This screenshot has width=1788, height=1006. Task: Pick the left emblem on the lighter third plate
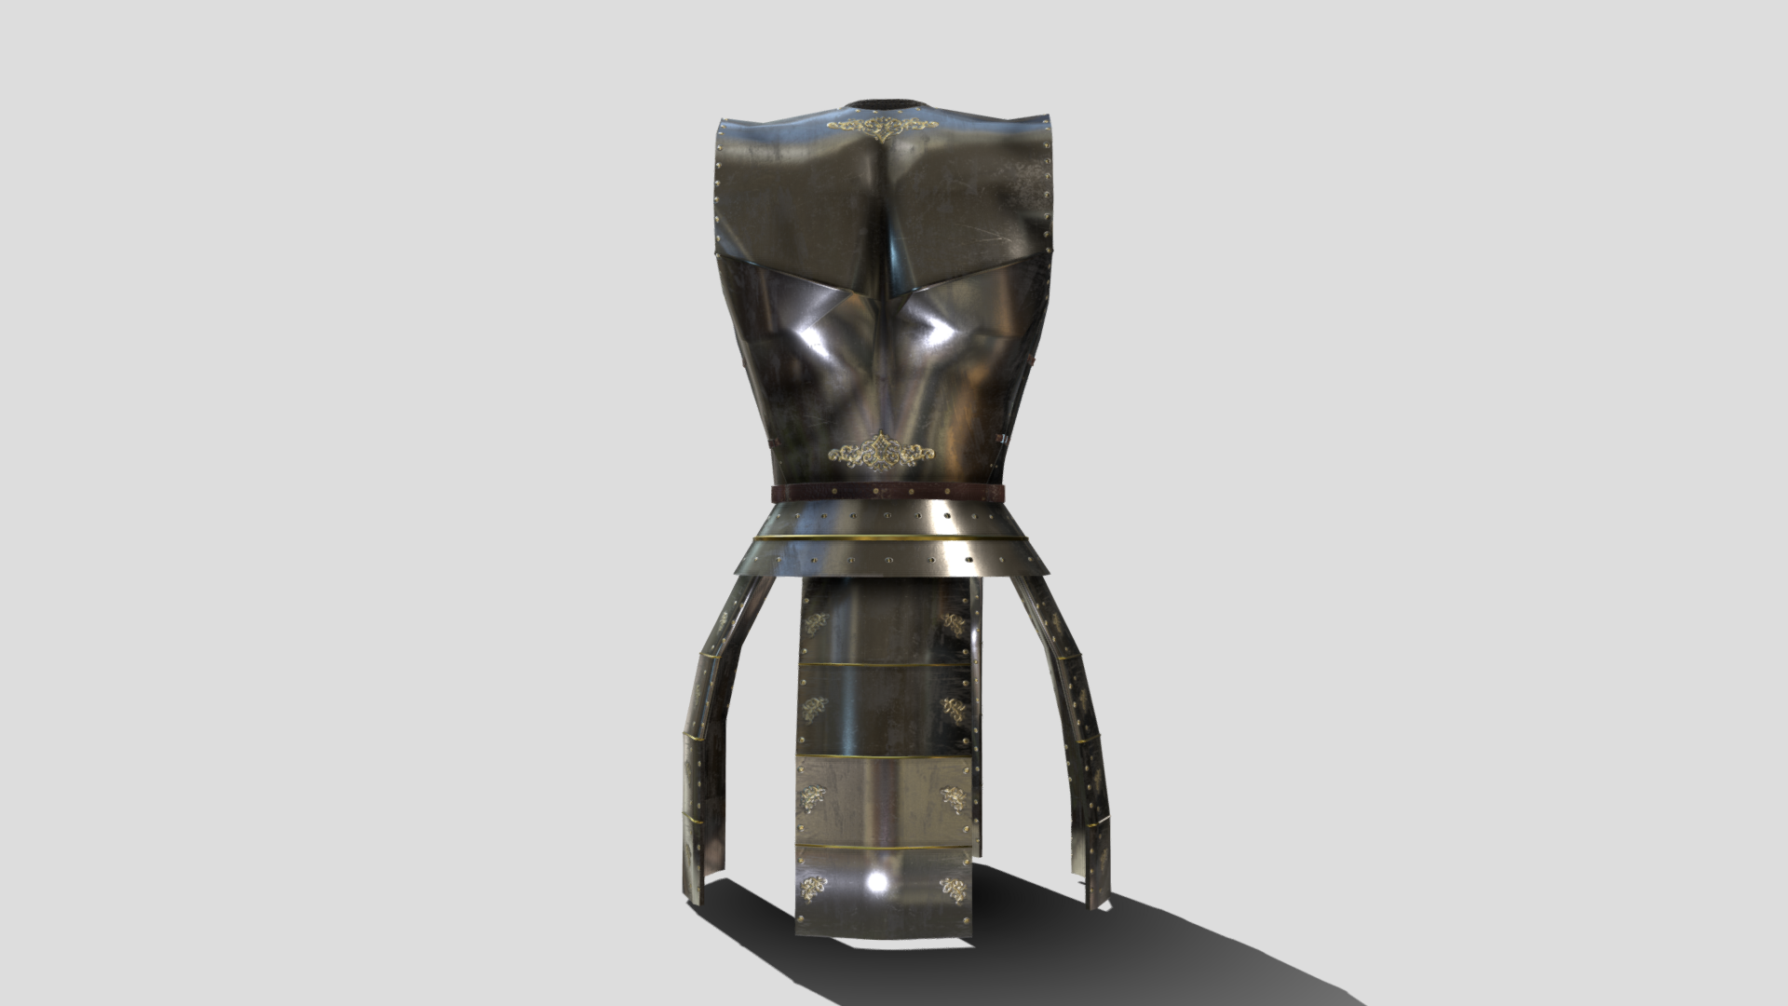click(813, 798)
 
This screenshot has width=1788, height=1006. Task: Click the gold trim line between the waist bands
click(888, 539)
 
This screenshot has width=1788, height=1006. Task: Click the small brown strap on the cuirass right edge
click(1003, 438)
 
